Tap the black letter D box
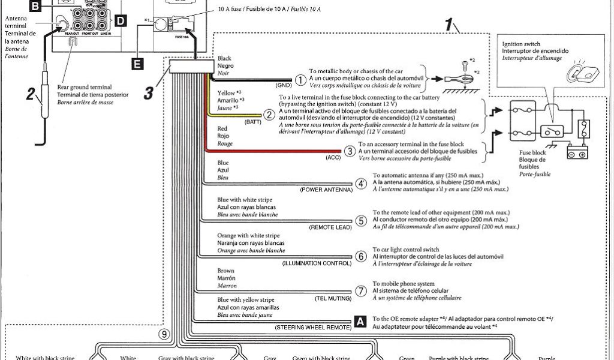click(120, 22)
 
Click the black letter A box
click(360, 321)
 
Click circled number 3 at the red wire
click(350, 152)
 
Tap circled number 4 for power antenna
click(361, 184)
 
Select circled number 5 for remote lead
click(361, 221)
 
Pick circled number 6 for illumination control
click(361, 256)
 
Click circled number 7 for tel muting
click(361, 292)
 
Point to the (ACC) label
click(333, 158)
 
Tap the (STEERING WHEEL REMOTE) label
click(314, 328)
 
